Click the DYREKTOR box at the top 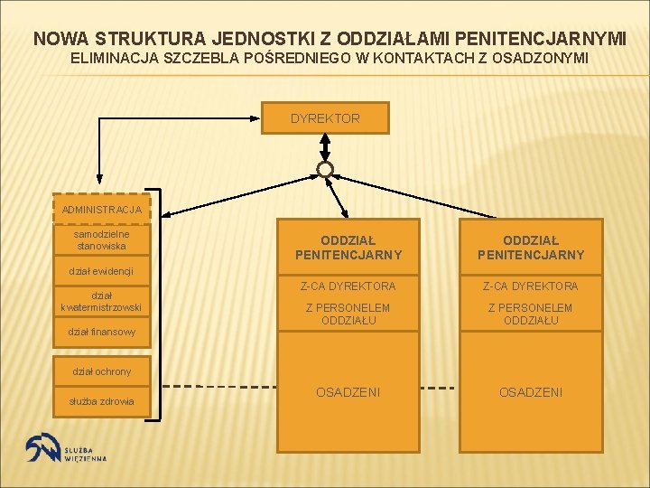click(325, 118)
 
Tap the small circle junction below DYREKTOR click(325, 169)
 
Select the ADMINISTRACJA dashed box click(102, 209)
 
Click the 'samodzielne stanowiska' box click(102, 240)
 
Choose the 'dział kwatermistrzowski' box click(102, 301)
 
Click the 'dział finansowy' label click(101, 333)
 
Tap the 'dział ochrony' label click(101, 371)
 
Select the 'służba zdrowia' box click(102, 401)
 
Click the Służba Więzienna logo click(67, 450)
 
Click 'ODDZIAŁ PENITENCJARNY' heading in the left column click(348, 248)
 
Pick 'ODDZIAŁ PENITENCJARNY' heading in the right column click(531, 248)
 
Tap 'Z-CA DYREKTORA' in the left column click(348, 286)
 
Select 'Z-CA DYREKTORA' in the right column click(531, 286)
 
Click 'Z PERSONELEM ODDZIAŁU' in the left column click(348, 314)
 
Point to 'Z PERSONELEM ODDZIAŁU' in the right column click(531, 314)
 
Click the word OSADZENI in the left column click(348, 392)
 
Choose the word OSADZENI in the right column click(531, 392)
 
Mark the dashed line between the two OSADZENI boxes click(440, 388)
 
